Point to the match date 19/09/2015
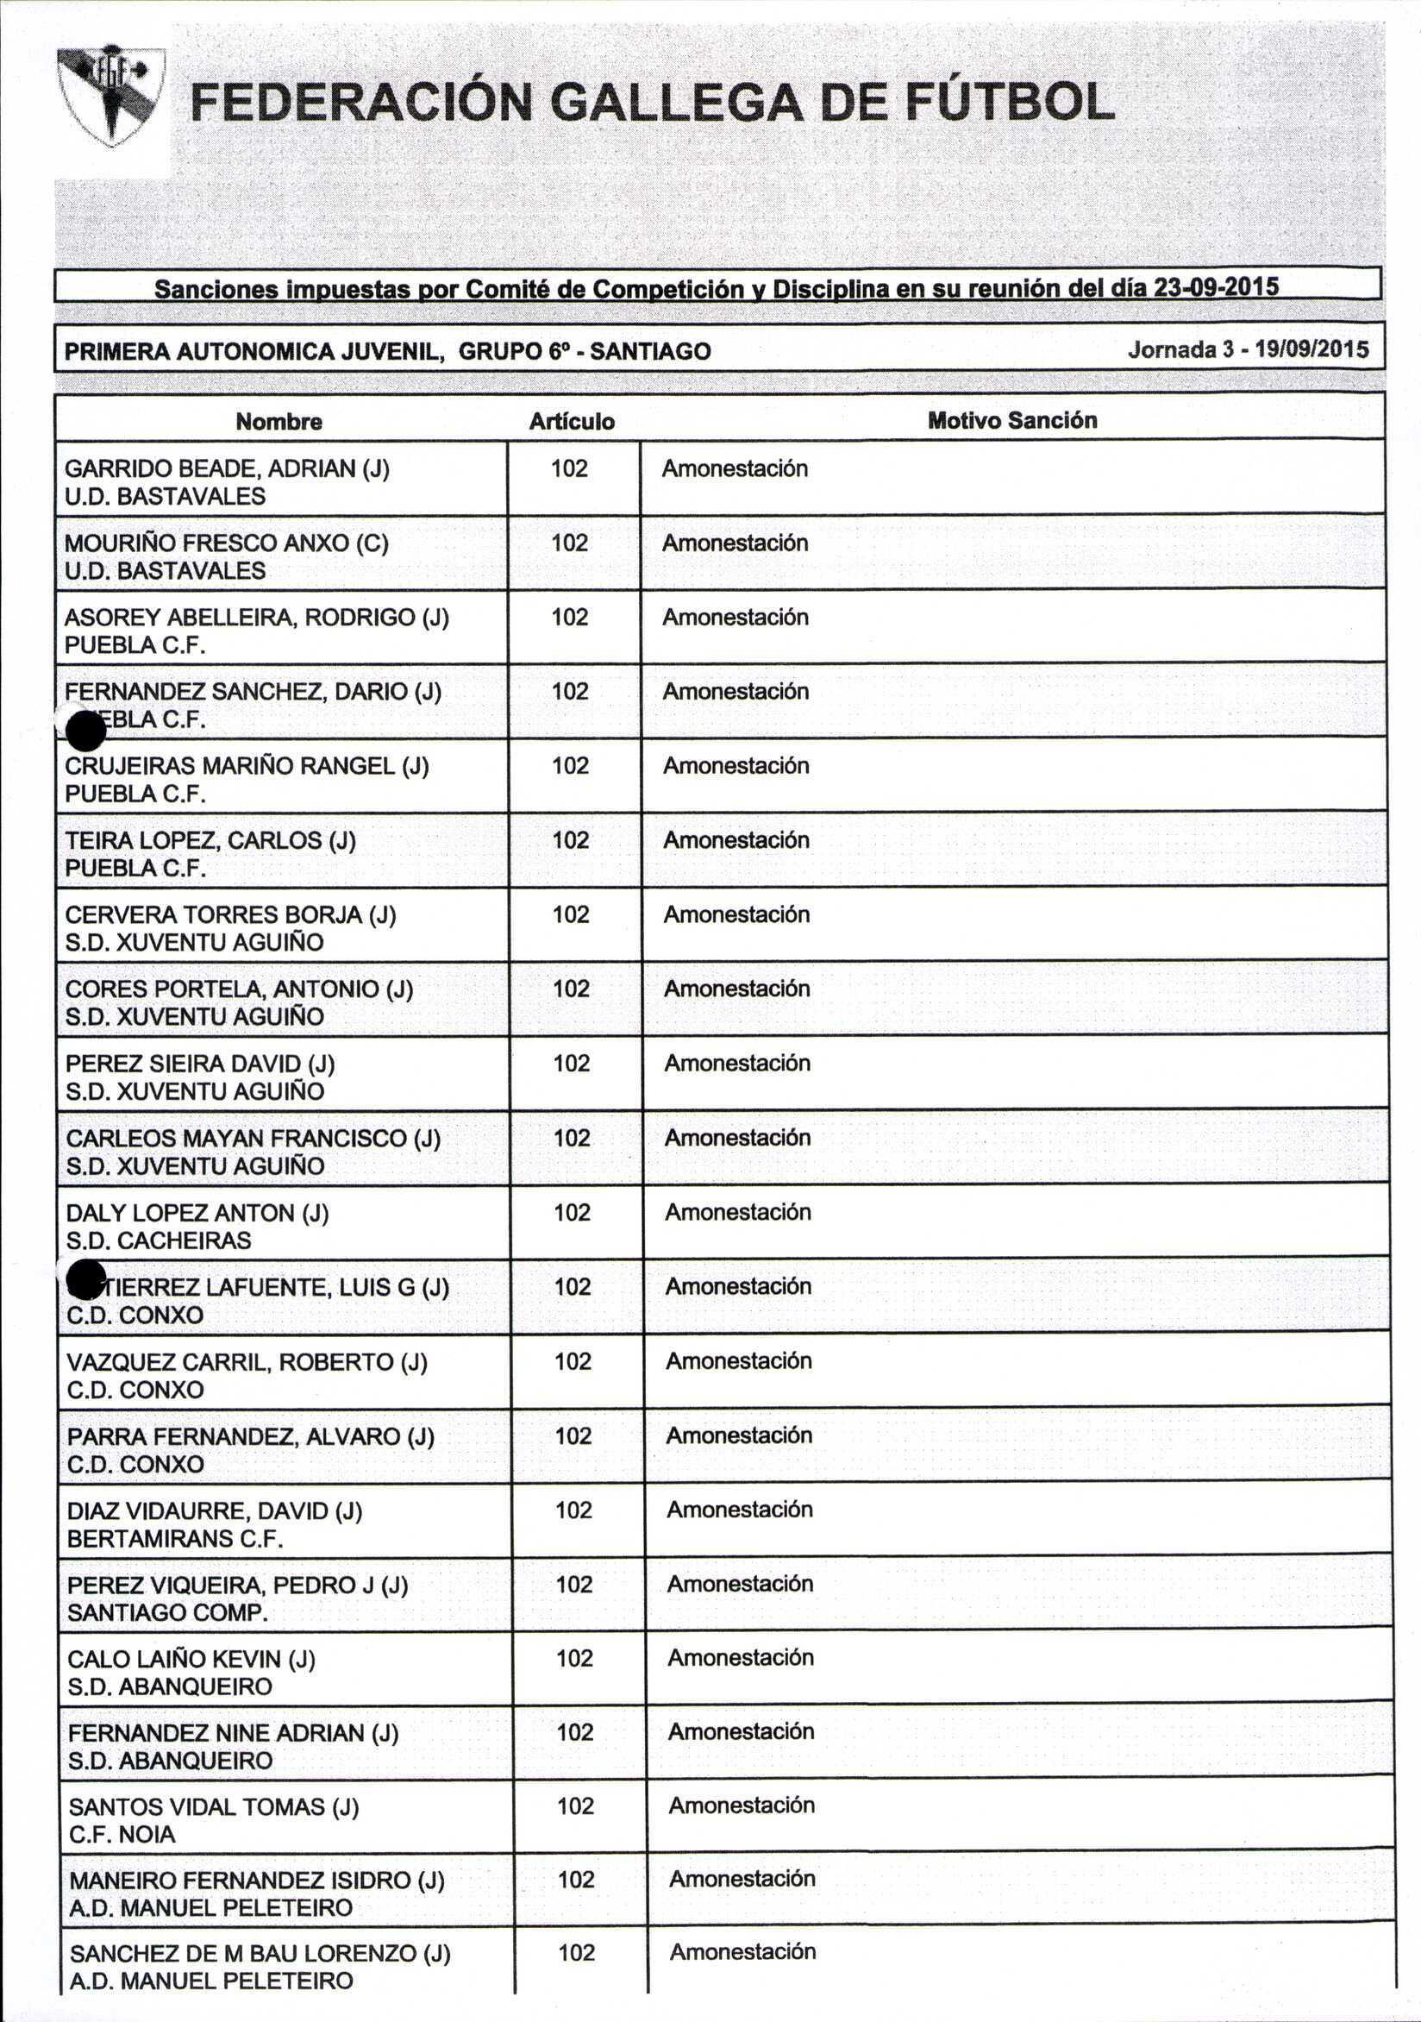pos(1311,349)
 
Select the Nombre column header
pos(279,422)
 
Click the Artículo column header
pos(572,422)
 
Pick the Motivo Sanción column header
pos(1011,420)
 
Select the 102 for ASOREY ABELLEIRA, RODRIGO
pos(570,617)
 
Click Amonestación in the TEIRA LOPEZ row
pos(736,840)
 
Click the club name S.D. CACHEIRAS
pos(159,1240)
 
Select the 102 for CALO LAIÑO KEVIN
pos(574,1658)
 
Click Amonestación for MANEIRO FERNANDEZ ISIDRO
pos(742,1879)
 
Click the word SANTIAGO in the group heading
pos(650,351)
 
